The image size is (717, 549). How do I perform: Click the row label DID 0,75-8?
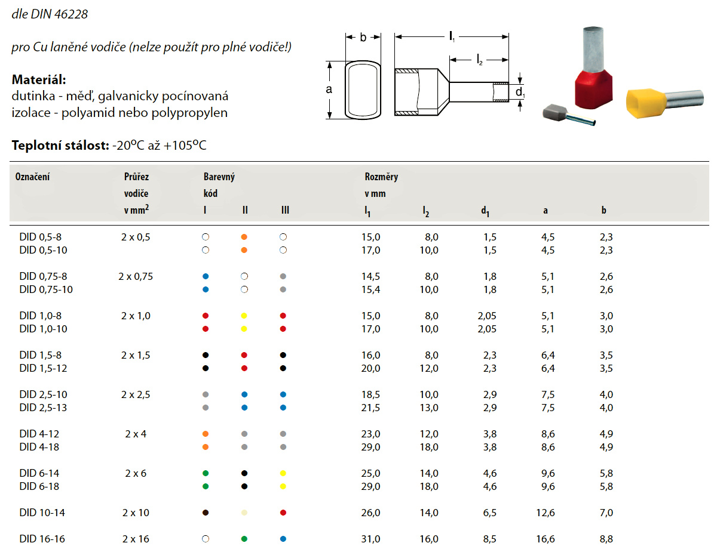pos(43,276)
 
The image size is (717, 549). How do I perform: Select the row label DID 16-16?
pos(42,539)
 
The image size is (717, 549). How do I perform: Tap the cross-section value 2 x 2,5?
pos(136,394)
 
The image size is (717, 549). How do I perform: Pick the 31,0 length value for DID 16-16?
pos(370,539)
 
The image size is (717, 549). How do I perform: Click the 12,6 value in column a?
pos(547,513)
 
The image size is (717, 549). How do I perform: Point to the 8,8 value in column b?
pos(606,539)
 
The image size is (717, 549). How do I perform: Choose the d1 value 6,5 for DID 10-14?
pos(489,513)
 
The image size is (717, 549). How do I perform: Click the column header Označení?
pos(33,177)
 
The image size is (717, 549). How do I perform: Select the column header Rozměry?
pos(381,177)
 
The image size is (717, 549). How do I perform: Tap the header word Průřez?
pos(136,177)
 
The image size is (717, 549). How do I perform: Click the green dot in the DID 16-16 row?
pos(244,539)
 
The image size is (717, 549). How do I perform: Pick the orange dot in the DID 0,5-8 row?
pos(244,237)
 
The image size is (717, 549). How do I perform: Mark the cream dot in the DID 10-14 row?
pos(244,513)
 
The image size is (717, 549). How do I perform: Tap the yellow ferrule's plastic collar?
pos(645,105)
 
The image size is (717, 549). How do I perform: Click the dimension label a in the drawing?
pos(329,90)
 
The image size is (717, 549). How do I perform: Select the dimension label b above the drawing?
pos(363,38)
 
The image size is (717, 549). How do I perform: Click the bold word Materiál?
pos(39,80)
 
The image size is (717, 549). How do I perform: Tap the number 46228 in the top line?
pos(72,14)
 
